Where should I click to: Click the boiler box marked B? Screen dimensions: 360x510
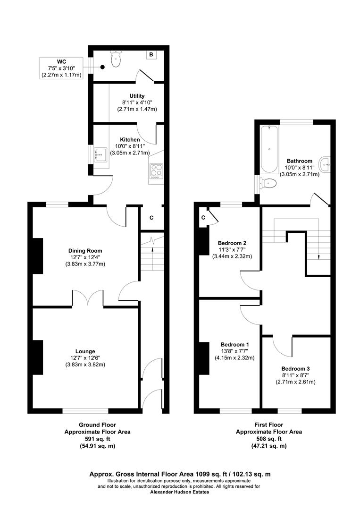[151, 55]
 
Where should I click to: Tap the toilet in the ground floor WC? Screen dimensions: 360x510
[116, 59]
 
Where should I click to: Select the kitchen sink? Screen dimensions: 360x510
[100, 155]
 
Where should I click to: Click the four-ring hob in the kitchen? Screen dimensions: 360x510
[156, 171]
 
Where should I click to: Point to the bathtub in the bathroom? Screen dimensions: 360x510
[269, 149]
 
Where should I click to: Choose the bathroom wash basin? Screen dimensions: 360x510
[325, 165]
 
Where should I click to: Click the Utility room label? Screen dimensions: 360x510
[137, 96]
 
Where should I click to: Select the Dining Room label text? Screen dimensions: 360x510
[85, 251]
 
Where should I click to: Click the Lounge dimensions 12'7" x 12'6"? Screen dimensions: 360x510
[85, 358]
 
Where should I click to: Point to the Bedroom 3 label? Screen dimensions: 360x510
[295, 368]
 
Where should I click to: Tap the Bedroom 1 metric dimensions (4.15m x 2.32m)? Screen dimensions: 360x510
[234, 358]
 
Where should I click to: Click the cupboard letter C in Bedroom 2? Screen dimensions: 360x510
[203, 218]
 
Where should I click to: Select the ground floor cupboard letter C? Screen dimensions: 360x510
[151, 218]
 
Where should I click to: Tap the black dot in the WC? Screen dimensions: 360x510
[102, 68]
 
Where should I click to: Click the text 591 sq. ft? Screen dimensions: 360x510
[98, 439]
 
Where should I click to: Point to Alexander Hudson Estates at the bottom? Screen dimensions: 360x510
[180, 492]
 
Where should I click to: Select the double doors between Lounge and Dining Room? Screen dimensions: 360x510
[88, 297]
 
